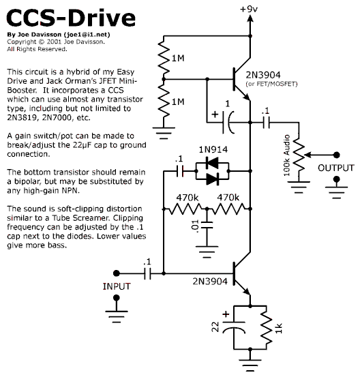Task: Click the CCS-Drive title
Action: tap(71, 18)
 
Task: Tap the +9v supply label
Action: tap(249, 9)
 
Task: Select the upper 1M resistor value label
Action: tap(178, 58)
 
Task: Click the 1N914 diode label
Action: tap(213, 149)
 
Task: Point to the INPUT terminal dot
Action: tap(117, 273)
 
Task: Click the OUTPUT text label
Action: tap(336, 168)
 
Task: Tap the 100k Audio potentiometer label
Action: tap(286, 155)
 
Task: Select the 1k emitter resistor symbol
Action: tap(267, 327)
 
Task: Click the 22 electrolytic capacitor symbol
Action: tap(234, 328)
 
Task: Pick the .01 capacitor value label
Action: tap(195, 226)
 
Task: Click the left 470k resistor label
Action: tap(187, 198)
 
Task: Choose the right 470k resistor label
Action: tap(228, 198)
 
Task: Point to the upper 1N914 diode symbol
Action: tap(212, 163)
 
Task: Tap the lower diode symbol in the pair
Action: tap(213, 179)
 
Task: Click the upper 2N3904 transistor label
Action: tap(263, 75)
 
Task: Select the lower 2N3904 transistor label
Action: tap(210, 282)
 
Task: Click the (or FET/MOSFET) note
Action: tap(271, 84)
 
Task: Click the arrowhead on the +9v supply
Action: tap(250, 18)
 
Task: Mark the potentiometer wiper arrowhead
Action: tap(307, 155)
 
